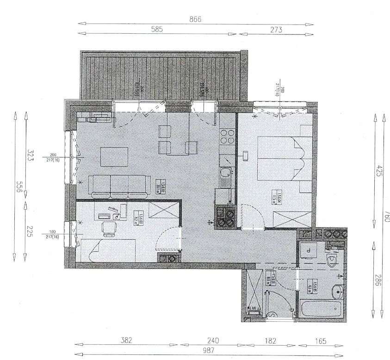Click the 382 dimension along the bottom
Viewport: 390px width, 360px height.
point(126,341)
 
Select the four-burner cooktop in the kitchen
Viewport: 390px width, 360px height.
point(227,136)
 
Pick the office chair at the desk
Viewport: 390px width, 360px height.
point(110,228)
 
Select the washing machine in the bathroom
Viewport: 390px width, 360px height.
point(307,251)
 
